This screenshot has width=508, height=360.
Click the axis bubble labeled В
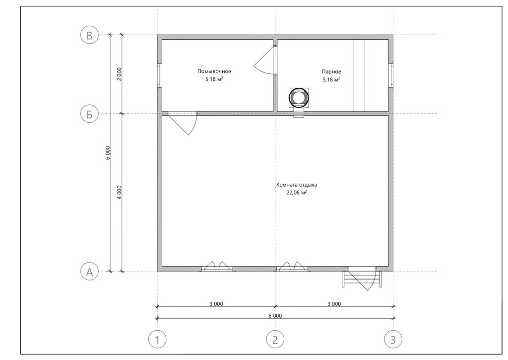click(89, 35)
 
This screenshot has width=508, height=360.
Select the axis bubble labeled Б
click(89, 114)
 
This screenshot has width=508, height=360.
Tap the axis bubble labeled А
click(89, 272)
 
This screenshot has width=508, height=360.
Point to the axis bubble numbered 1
click(157, 340)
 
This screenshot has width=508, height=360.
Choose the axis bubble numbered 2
click(275, 340)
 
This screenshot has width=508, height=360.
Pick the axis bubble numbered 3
click(393, 340)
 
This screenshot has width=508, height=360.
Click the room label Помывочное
click(214, 72)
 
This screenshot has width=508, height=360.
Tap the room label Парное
click(331, 72)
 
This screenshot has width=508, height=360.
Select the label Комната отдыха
click(297, 185)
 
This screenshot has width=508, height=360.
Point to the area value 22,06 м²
click(297, 193)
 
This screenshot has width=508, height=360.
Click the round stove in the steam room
click(299, 98)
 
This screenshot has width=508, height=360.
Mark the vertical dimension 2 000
click(119, 74)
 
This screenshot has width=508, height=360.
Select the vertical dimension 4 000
click(119, 192)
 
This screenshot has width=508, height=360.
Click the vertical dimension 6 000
click(108, 153)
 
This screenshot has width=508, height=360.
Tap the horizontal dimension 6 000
click(275, 316)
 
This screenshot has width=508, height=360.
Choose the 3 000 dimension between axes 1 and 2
click(216, 304)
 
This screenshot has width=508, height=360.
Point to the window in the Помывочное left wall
click(159, 75)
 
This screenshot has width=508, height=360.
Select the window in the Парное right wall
click(391, 75)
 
